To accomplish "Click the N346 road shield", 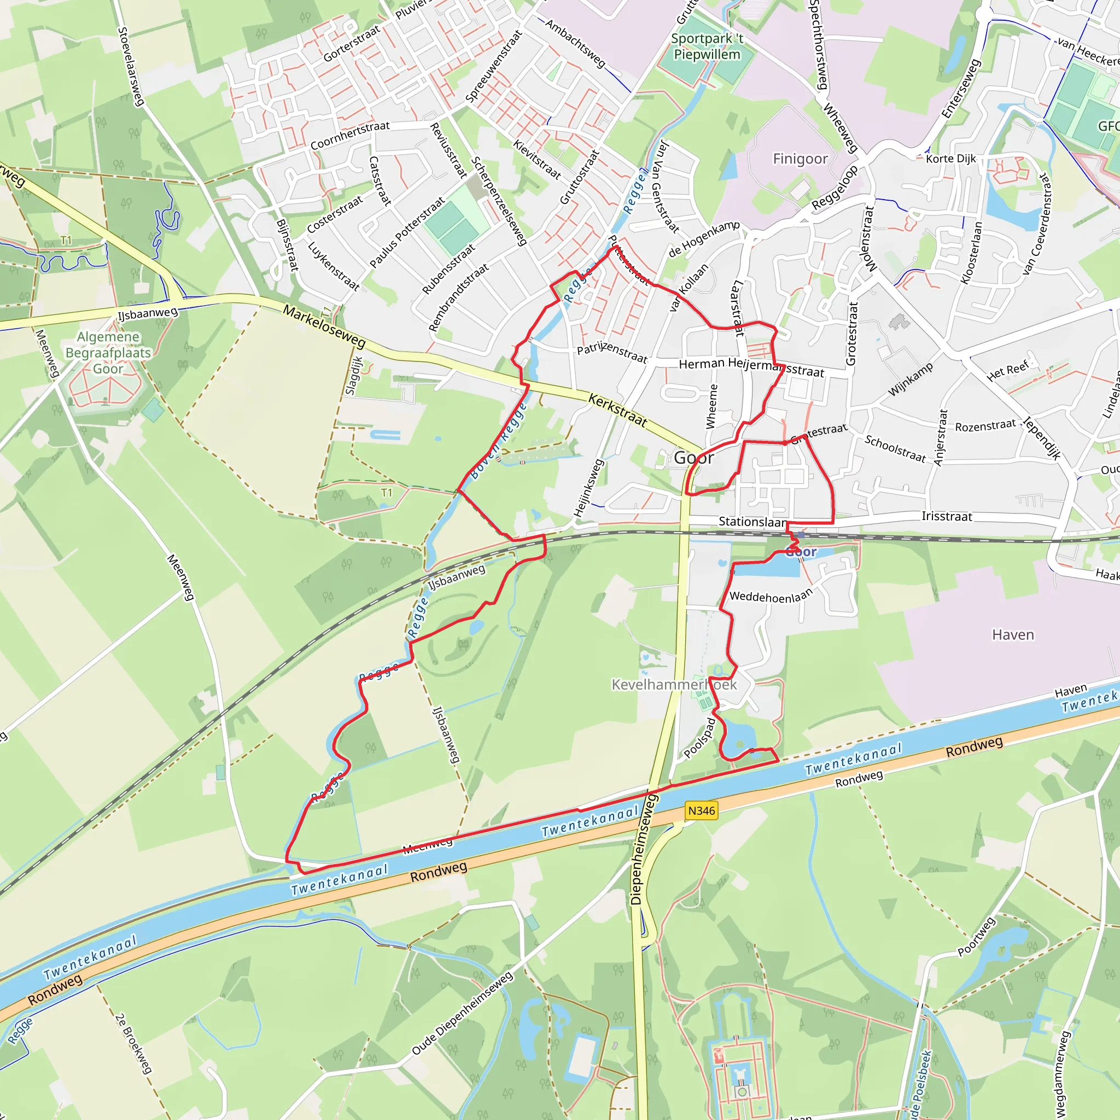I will pyautogui.click(x=702, y=810).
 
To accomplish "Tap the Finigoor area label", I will pyautogui.click(x=800, y=159).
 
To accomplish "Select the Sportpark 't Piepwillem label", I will pyautogui.click(x=707, y=47).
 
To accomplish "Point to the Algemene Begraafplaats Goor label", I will pyautogui.click(x=108, y=353).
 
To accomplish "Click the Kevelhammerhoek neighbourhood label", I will pyautogui.click(x=674, y=685).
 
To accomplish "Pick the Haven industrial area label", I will pyautogui.click(x=1013, y=635).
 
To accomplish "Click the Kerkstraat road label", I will pyautogui.click(x=617, y=410).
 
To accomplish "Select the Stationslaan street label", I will pyautogui.click(x=753, y=522).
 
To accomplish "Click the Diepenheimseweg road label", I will pyautogui.click(x=645, y=850).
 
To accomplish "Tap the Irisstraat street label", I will pyautogui.click(x=947, y=516).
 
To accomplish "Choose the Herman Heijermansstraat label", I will pyautogui.click(x=751, y=367).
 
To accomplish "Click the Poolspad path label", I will pyautogui.click(x=699, y=738).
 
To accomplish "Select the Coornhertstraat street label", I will pyautogui.click(x=350, y=135).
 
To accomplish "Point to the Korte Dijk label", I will pyautogui.click(x=950, y=159).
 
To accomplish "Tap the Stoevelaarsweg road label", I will pyautogui.click(x=131, y=67).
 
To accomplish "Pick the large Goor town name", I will pyautogui.click(x=694, y=458).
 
